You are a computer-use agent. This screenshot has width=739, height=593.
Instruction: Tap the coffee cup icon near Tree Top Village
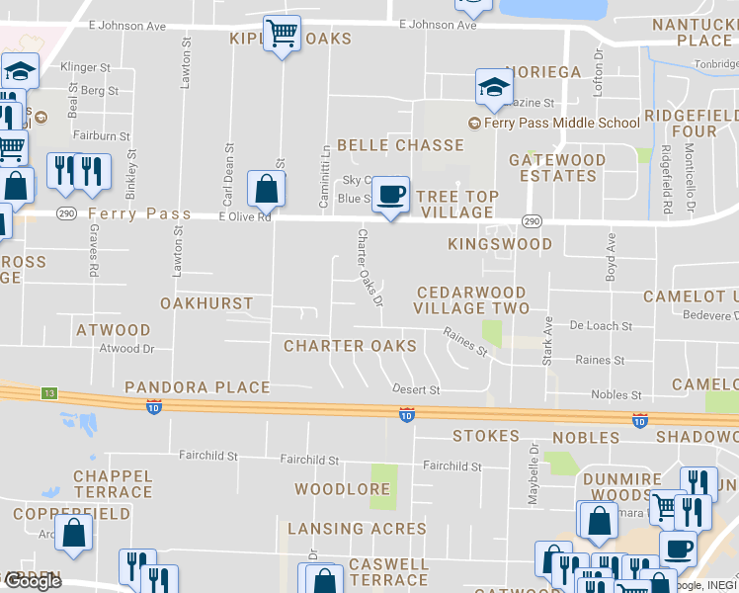392,194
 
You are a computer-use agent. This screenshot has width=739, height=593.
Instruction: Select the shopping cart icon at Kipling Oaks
283,35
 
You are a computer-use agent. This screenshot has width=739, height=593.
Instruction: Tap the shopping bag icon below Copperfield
74,534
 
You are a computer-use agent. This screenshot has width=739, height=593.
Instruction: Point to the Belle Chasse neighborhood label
400,145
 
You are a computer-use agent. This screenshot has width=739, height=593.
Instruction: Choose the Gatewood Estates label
557,168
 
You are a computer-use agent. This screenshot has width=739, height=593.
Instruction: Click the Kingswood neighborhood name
499,243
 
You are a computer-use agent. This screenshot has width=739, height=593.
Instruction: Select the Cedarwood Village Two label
471,300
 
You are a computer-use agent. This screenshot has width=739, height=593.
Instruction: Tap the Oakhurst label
206,303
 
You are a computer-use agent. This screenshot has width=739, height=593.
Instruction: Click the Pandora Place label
197,387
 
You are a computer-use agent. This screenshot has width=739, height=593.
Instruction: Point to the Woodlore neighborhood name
342,489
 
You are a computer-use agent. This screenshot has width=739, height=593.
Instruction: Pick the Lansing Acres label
357,529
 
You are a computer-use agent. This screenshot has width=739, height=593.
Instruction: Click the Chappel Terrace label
113,483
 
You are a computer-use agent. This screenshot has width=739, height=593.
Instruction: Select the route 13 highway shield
48,393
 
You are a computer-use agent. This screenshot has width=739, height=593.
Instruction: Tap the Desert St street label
415,390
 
